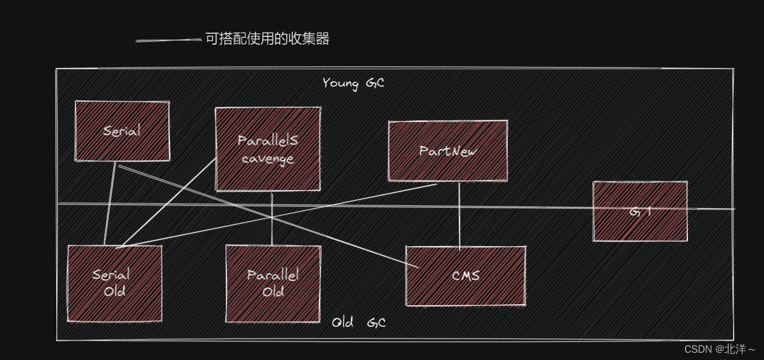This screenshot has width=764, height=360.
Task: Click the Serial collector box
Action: point(122,131)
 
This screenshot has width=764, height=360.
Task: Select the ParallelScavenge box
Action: point(268,149)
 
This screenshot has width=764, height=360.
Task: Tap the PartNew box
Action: point(448,151)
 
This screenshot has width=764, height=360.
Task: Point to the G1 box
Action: point(640,211)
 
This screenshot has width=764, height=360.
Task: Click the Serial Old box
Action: point(114,283)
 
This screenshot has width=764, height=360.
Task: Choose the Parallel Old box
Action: point(273,283)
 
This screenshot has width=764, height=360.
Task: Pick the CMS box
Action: point(465,276)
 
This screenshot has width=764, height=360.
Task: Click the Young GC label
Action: point(353,83)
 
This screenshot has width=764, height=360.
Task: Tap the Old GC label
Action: point(359,322)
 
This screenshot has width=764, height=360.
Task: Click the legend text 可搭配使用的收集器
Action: point(267,39)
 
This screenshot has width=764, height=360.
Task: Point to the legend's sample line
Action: point(168,40)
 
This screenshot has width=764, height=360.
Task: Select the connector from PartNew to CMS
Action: point(459,215)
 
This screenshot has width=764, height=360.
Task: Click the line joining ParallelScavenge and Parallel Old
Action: point(272,221)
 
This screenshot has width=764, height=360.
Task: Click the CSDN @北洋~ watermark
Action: point(719,350)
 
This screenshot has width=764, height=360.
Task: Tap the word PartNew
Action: point(448,151)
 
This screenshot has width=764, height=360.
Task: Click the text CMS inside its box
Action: point(465,276)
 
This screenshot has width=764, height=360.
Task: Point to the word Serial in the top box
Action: point(121,131)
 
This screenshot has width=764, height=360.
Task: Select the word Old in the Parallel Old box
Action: point(273,292)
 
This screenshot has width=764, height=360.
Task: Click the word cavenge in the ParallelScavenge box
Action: point(268,159)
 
